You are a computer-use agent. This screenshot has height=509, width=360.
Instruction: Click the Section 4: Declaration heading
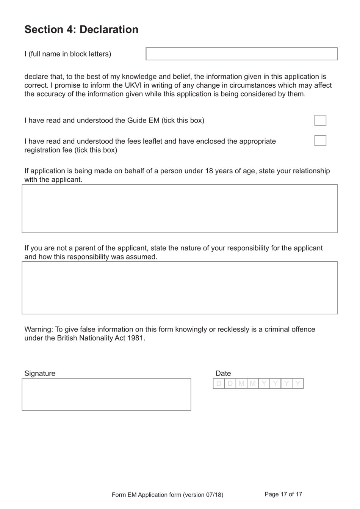tap(81, 30)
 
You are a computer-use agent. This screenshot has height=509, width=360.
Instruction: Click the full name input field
tap(241, 54)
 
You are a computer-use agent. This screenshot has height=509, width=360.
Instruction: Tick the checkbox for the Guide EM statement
tap(320, 120)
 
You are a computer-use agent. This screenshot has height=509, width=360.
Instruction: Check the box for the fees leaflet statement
tap(320, 141)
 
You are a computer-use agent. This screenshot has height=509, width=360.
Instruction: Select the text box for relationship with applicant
tap(180, 209)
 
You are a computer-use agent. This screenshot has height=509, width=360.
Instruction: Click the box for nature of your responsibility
tap(180, 287)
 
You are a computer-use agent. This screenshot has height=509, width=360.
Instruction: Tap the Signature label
tap(40, 373)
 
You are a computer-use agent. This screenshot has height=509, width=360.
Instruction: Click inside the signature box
tap(106, 394)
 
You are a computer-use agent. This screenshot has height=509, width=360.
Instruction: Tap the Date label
tap(223, 373)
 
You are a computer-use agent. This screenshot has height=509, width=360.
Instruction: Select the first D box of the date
tap(219, 384)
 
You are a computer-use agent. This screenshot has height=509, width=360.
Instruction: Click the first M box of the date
tap(241, 384)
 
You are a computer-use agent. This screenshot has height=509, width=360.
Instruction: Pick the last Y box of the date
tap(298, 384)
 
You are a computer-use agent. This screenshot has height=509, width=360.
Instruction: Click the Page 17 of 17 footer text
tap(283, 494)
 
